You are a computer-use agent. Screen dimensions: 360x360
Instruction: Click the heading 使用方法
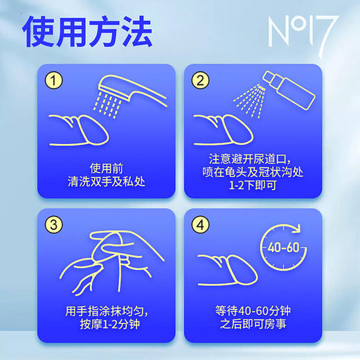[87, 31]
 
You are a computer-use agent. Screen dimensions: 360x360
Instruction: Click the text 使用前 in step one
[106, 168]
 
